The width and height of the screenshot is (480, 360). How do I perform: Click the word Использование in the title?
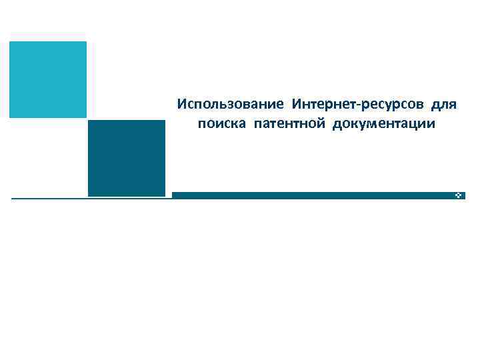pos(231,105)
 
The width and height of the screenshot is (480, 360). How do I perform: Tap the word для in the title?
pos(443,105)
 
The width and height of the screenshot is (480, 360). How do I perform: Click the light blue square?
pos(48,79)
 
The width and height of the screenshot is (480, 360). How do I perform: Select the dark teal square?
pos(126,158)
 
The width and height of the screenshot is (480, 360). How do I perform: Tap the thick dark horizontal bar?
pos(313,195)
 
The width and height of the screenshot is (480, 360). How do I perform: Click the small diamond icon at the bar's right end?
pos(459,195)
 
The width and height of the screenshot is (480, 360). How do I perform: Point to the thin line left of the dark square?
pos(49,198)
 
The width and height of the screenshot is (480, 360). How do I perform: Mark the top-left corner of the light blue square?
pos(10,42)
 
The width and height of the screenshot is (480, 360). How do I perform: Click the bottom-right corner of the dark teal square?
pos(164,196)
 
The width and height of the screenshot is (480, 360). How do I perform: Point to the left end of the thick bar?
pos(173,195)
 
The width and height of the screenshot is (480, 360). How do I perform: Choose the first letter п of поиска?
pos(202,125)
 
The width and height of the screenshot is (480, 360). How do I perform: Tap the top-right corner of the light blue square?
pos(86,42)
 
